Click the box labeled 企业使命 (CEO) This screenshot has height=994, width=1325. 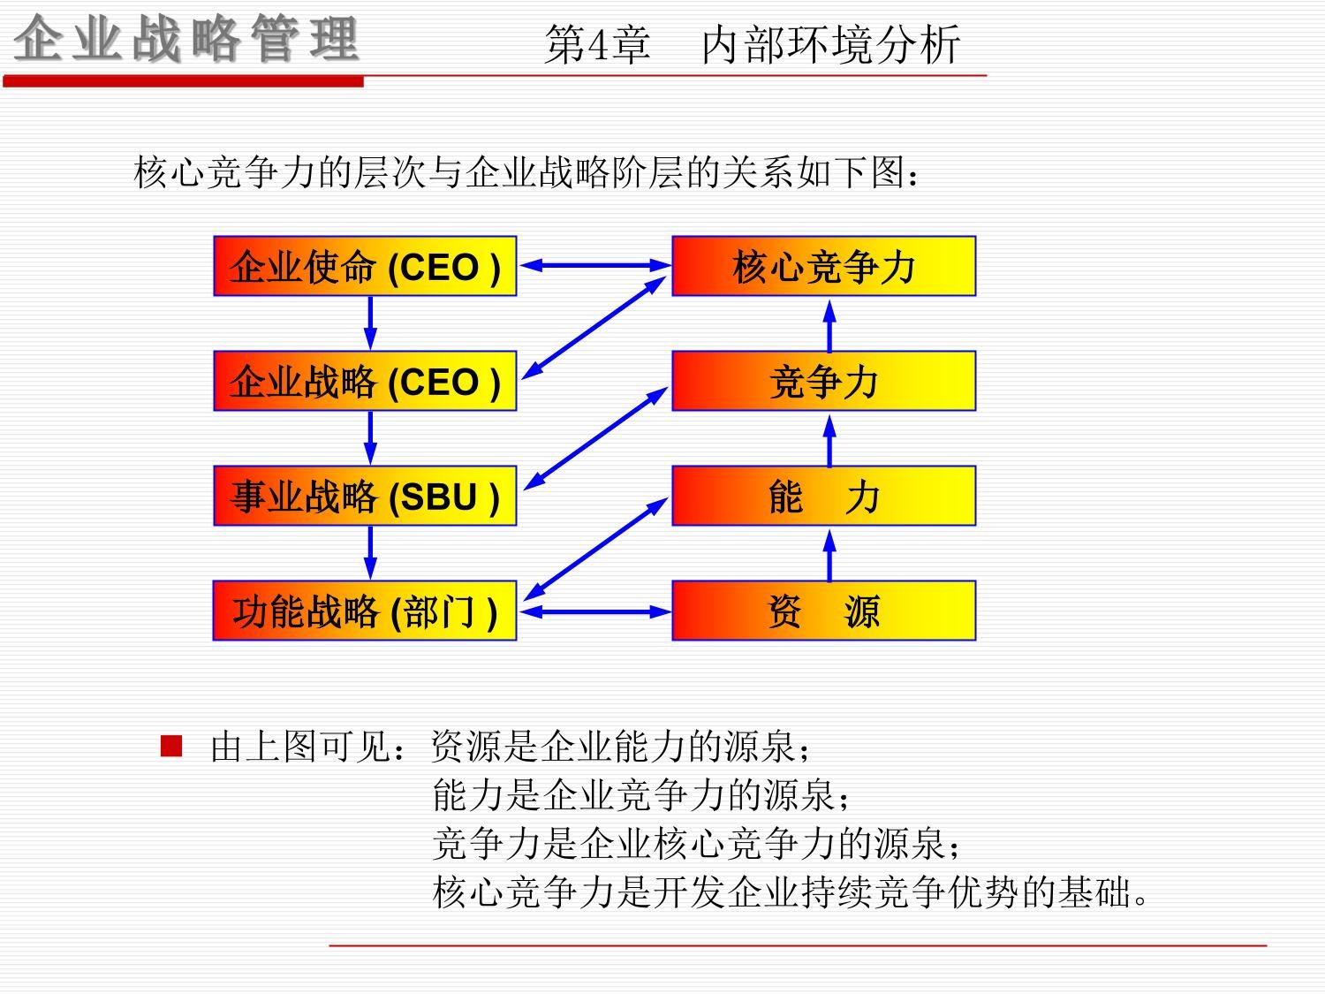365,266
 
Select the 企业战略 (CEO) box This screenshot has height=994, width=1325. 365,381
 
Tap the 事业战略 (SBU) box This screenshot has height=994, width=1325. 365,496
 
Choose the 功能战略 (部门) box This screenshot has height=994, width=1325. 365,611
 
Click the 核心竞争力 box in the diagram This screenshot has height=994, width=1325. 823,266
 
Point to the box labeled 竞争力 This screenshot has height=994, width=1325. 823,381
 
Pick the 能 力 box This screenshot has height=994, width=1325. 823,496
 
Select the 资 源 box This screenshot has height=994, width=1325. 823,611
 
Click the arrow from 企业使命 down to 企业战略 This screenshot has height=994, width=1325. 370,322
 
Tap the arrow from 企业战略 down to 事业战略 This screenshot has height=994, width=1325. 370,437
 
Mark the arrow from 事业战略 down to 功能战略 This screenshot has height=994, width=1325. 370,552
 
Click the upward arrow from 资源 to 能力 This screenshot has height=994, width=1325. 829,554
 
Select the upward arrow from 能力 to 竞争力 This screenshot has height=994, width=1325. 829,439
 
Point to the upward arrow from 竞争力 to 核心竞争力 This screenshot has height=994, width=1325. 829,324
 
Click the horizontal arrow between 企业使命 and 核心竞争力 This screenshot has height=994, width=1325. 594,264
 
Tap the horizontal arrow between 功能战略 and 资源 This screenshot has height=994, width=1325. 594,611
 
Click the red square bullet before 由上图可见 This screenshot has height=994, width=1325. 171,747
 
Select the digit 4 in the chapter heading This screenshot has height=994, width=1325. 600,45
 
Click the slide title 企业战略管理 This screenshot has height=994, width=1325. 186,41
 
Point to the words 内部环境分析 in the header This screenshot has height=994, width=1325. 830,45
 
